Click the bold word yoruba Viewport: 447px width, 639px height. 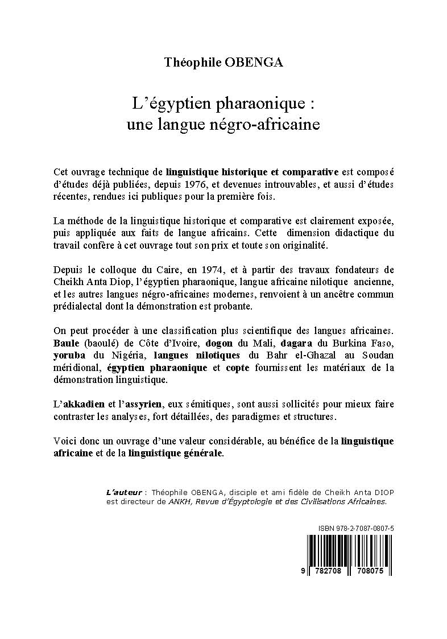pos(68,356)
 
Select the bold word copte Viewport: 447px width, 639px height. pos(238,368)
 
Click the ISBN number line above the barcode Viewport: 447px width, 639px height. pos(355,529)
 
